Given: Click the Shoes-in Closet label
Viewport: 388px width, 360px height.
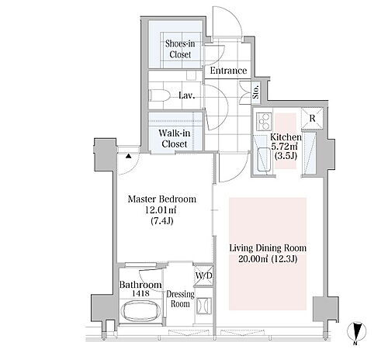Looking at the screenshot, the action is [180, 49].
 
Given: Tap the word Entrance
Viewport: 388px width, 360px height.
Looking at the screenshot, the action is [228, 71].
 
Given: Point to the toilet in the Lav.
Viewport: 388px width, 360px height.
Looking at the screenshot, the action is [160, 95].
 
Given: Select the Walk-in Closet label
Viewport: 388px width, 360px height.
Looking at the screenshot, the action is [174, 138].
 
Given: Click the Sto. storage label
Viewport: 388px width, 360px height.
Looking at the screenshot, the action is [256, 92].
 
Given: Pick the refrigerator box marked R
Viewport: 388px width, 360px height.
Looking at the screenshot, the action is [312, 118].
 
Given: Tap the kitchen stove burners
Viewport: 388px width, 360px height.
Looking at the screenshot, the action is [264, 122].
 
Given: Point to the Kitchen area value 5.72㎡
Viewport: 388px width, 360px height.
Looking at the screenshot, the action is [284, 147].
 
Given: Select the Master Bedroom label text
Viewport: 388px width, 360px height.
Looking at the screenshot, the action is [162, 199].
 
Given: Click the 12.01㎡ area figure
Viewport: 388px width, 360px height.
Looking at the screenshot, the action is [161, 210].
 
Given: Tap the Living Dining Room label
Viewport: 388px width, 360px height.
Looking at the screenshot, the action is [268, 248].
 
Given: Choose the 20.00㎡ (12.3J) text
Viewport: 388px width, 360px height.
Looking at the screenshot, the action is [268, 259].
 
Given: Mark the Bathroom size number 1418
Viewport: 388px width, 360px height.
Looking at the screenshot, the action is [140, 293].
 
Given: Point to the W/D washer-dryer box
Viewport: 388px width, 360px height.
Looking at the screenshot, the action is [203, 275].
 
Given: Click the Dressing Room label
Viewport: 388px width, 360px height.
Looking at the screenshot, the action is [180, 299].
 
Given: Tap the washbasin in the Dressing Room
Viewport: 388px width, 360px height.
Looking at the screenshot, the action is [204, 306].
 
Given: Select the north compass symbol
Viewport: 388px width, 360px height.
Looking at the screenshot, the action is [356, 332].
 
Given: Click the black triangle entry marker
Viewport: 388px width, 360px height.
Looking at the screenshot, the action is [129, 156].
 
